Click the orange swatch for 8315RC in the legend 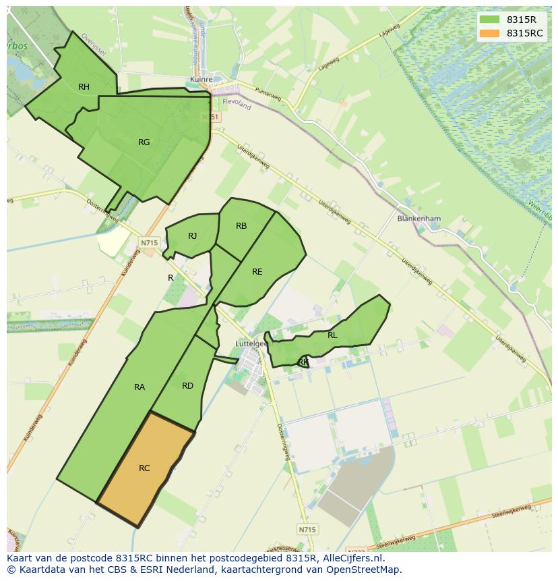tap(490, 33)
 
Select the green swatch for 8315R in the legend tap(490, 20)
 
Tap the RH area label tap(84, 86)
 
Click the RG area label tap(144, 142)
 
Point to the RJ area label tap(193, 236)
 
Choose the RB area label tap(241, 226)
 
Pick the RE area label tap(257, 271)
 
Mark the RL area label tap(332, 335)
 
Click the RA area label tap(139, 387)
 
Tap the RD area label tap(187, 385)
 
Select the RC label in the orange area tap(144, 468)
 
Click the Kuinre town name tap(201, 79)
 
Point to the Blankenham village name tap(418, 219)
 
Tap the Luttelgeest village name tap(251, 343)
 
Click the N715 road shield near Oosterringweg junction tap(149, 242)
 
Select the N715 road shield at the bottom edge tap(306, 530)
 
